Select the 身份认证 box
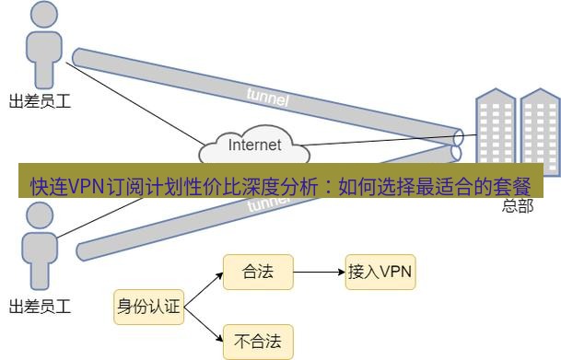(x=148, y=307)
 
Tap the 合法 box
(x=258, y=273)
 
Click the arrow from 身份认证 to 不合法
(x=203, y=325)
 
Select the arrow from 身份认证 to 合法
(x=203, y=289)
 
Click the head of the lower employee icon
(x=40, y=215)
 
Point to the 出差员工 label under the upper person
(x=40, y=100)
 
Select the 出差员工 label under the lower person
(x=40, y=305)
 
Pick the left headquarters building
(x=495, y=134)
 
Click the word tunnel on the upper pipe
(x=268, y=96)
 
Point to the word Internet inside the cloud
(x=254, y=145)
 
